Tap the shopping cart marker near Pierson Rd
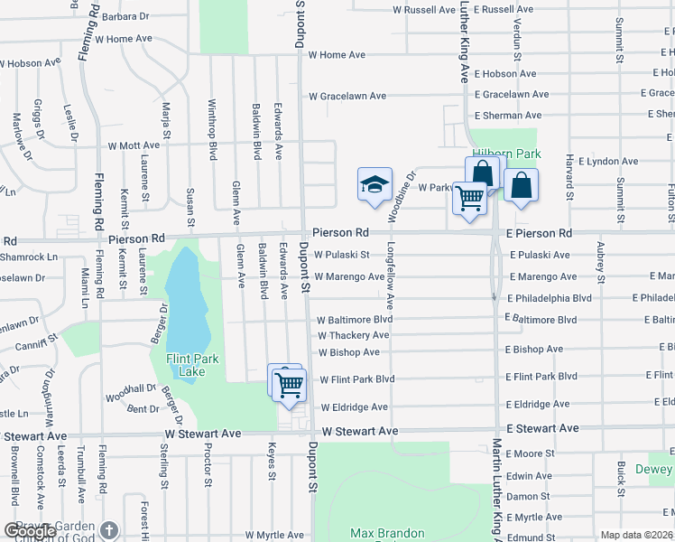click(469, 197)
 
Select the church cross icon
click(108, 531)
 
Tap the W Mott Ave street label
click(134, 145)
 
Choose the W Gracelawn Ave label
click(347, 96)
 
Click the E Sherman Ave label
click(507, 116)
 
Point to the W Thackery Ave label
click(355, 335)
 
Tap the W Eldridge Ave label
click(354, 407)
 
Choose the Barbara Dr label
click(125, 16)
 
